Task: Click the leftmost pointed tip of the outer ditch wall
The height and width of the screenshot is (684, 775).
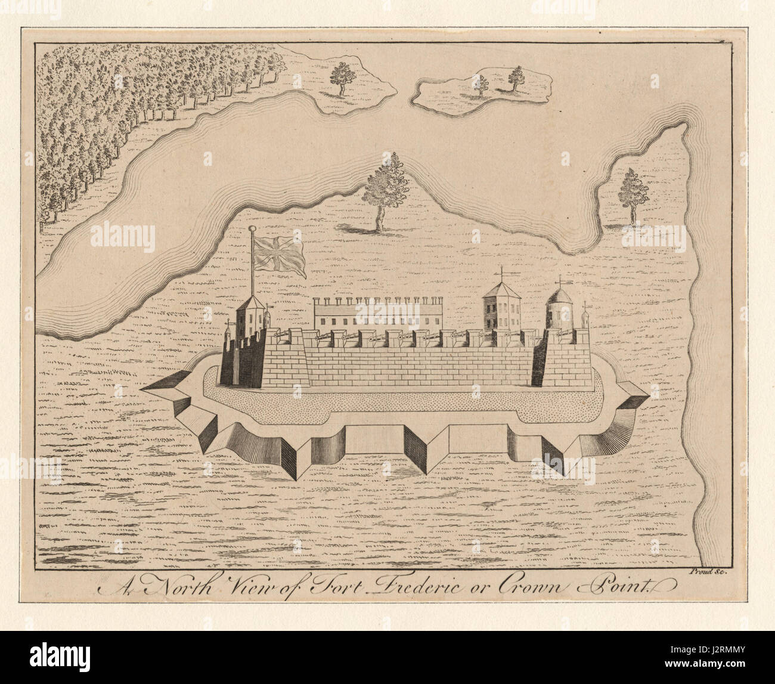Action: click(x=142, y=389)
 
